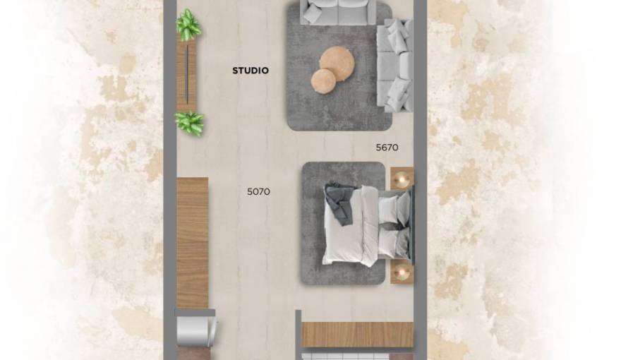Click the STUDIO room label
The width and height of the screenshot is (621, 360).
(251, 71)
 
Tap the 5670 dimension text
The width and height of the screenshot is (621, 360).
(387, 148)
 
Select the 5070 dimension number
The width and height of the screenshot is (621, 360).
(258, 191)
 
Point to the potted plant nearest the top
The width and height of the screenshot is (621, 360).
(188, 25)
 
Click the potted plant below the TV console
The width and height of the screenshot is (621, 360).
(189, 124)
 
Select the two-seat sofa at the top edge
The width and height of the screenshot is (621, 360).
(338, 12)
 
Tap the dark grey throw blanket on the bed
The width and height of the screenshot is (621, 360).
(339, 201)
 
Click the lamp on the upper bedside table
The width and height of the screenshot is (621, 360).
(402, 180)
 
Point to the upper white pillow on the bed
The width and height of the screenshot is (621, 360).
(388, 209)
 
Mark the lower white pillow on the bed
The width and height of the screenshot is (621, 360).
(388, 244)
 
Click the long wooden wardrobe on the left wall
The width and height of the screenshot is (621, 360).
(192, 242)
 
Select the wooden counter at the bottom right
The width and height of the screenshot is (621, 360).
(356, 334)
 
